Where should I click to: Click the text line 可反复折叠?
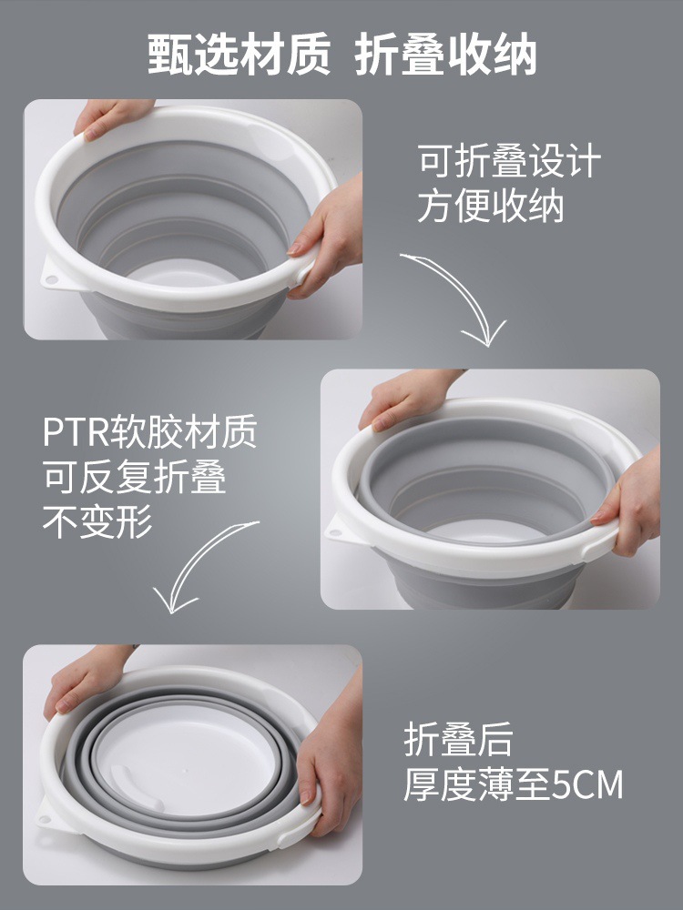click(x=134, y=477)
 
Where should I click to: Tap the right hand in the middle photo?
click(x=628, y=505)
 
